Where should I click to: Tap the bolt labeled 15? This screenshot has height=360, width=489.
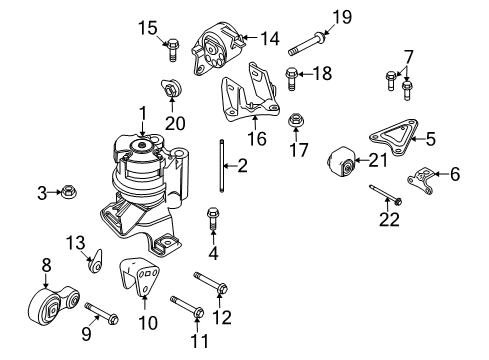171,43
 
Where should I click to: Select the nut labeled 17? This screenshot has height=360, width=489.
297,123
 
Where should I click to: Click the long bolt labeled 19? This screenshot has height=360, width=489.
308,43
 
